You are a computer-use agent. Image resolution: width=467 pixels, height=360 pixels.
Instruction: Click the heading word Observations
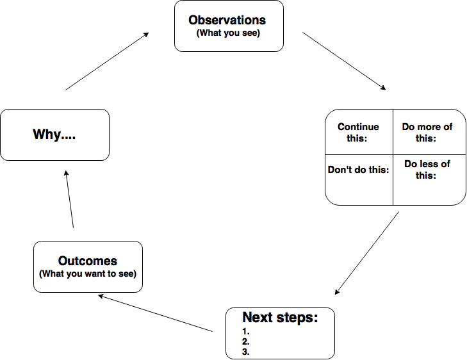(x=229, y=20)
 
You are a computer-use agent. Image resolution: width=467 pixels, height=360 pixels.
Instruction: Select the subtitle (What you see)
(x=229, y=33)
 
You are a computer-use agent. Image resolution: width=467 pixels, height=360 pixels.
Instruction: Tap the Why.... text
(x=54, y=135)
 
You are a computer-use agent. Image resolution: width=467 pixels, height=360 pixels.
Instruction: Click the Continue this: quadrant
(x=358, y=133)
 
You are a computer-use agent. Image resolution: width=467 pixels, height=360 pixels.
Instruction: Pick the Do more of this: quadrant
(x=427, y=133)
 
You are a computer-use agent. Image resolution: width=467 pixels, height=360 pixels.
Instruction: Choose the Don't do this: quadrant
(x=358, y=170)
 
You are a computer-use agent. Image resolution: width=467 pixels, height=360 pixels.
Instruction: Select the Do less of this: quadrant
(x=427, y=170)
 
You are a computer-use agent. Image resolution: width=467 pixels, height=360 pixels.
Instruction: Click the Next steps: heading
(x=280, y=318)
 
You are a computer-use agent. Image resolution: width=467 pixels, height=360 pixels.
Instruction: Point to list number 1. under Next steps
(x=245, y=332)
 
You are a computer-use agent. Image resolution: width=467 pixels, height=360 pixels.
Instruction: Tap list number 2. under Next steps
(x=245, y=342)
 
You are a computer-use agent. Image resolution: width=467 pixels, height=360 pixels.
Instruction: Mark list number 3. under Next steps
(x=245, y=352)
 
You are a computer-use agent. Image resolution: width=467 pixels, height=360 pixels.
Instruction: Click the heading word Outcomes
(x=88, y=261)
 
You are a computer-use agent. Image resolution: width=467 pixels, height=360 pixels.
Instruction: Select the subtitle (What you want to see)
(x=88, y=274)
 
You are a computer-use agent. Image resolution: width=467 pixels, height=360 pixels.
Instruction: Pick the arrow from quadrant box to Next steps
(x=367, y=254)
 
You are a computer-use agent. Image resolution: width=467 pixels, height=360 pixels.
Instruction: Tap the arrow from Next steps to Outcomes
(x=155, y=313)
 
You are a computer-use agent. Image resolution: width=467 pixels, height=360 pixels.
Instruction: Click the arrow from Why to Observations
(x=108, y=61)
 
